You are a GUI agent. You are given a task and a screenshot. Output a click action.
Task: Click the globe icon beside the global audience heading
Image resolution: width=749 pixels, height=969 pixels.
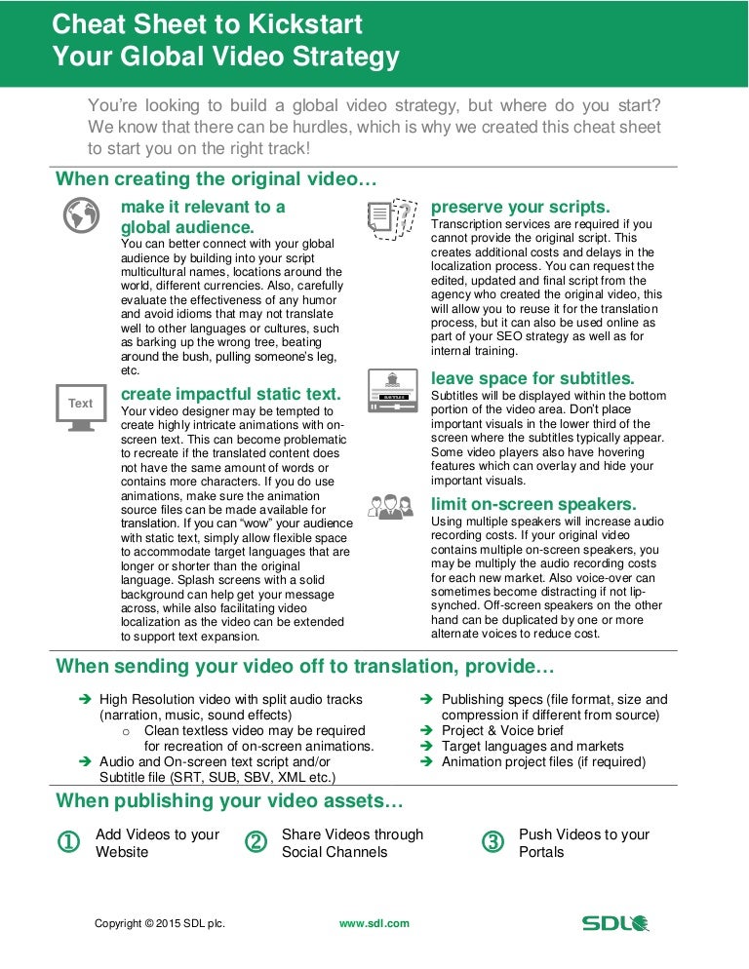[81, 214]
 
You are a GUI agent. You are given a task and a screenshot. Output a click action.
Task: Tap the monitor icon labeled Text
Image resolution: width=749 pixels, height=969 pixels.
[81, 405]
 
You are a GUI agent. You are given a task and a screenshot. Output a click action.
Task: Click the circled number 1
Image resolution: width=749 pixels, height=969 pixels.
[69, 843]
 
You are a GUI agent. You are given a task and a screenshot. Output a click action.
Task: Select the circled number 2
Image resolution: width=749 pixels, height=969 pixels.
[256, 843]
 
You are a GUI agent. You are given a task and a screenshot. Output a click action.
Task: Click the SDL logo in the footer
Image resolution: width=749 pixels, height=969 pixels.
[615, 922]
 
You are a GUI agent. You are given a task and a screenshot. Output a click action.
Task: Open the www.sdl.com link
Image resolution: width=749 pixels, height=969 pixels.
[374, 922]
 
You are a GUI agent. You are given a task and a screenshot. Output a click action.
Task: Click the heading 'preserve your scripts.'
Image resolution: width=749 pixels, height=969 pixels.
[521, 207]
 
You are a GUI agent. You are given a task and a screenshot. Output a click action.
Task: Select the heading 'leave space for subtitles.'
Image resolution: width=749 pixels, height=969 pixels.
[532, 377]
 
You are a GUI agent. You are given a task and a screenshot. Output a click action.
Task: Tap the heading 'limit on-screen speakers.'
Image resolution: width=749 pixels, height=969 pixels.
[533, 504]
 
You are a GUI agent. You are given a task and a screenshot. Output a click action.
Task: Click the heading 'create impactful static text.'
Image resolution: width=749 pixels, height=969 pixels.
[230, 394]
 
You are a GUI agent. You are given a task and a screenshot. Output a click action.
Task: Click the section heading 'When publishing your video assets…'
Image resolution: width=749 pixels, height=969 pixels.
[229, 801]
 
